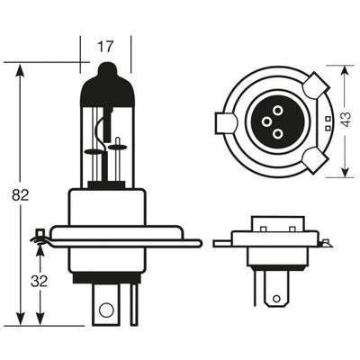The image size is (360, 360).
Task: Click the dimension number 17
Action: pyautogui.click(x=105, y=47)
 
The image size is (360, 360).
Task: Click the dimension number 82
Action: pyautogui.click(x=21, y=195)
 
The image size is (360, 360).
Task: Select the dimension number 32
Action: pyautogui.click(x=39, y=281)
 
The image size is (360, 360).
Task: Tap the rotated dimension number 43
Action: pyautogui.click(x=346, y=120)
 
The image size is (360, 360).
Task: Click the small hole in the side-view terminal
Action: pyautogui.click(x=276, y=299)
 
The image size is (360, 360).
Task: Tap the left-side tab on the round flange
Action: pyautogui.click(x=227, y=122)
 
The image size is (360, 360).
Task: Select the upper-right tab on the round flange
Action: pyautogui.click(x=316, y=85)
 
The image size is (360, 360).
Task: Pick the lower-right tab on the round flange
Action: pyautogui.click(x=316, y=160)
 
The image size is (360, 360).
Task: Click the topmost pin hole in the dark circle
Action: pyautogui.click(x=278, y=111)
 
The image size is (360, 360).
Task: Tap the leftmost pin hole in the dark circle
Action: pyautogui.click(x=266, y=121)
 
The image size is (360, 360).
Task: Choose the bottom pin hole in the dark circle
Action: pyautogui.click(x=278, y=133)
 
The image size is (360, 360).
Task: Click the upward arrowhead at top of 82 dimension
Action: pyautogui.click(x=21, y=72)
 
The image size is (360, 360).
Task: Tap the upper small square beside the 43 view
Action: pyautogui.click(x=328, y=119)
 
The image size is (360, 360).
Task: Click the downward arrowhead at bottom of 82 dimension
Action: pyautogui.click(x=21, y=317)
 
